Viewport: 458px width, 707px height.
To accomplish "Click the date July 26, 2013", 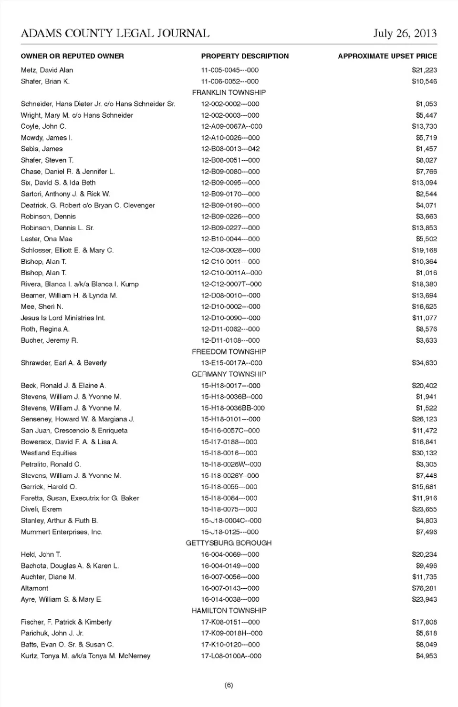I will coord(405,33).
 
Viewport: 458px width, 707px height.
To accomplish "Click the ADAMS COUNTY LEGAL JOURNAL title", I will coord(115,33).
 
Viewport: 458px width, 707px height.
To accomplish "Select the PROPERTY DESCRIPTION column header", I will coord(245,56).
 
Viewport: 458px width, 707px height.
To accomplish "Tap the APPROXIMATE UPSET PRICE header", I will coord(387,56).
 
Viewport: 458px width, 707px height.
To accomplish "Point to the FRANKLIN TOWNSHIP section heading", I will coord(229,92).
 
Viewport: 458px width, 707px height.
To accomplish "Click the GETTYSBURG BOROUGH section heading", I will coord(229,543).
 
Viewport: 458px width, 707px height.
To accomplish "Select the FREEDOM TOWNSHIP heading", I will coord(229,352).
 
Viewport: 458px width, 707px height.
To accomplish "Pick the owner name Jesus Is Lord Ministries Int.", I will coord(63,318).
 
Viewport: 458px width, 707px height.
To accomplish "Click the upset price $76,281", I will coord(424,588).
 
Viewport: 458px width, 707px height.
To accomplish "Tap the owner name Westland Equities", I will coord(48,453).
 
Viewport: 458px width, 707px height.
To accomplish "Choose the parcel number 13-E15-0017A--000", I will coord(231,363).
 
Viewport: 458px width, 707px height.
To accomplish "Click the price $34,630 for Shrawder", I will coord(424,363).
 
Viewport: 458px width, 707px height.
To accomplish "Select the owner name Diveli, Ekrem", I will coord(41,509).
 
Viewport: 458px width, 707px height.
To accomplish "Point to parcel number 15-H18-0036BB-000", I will coord(233,408).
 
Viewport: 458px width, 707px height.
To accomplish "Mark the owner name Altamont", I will coord(34,588).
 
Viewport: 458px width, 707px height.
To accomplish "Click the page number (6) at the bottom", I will coord(229,686).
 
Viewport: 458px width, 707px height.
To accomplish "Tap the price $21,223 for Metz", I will coord(424,70).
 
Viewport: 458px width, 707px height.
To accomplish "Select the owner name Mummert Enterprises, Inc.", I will coord(61,532).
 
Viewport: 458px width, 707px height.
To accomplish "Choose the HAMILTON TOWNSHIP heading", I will coord(229,611).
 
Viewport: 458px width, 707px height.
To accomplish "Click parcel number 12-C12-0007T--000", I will coord(231,284).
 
